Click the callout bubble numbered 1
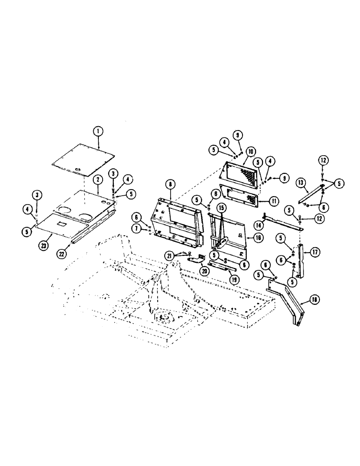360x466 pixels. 98,131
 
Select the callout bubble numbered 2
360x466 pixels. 98,179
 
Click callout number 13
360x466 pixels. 301,182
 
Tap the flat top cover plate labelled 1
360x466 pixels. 84,157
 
